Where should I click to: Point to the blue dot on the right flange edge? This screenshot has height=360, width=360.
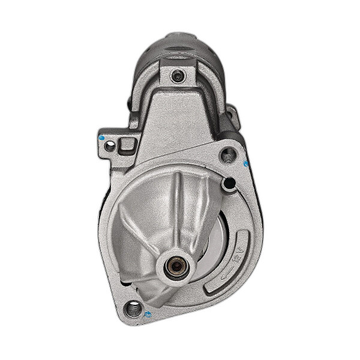click(245, 164)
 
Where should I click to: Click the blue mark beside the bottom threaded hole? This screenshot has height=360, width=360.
click(147, 313)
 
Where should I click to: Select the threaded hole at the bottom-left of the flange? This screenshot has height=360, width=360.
click(131, 310)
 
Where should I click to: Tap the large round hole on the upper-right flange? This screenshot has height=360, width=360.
click(227, 156)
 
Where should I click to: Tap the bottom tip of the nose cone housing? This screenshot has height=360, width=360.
click(159, 303)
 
